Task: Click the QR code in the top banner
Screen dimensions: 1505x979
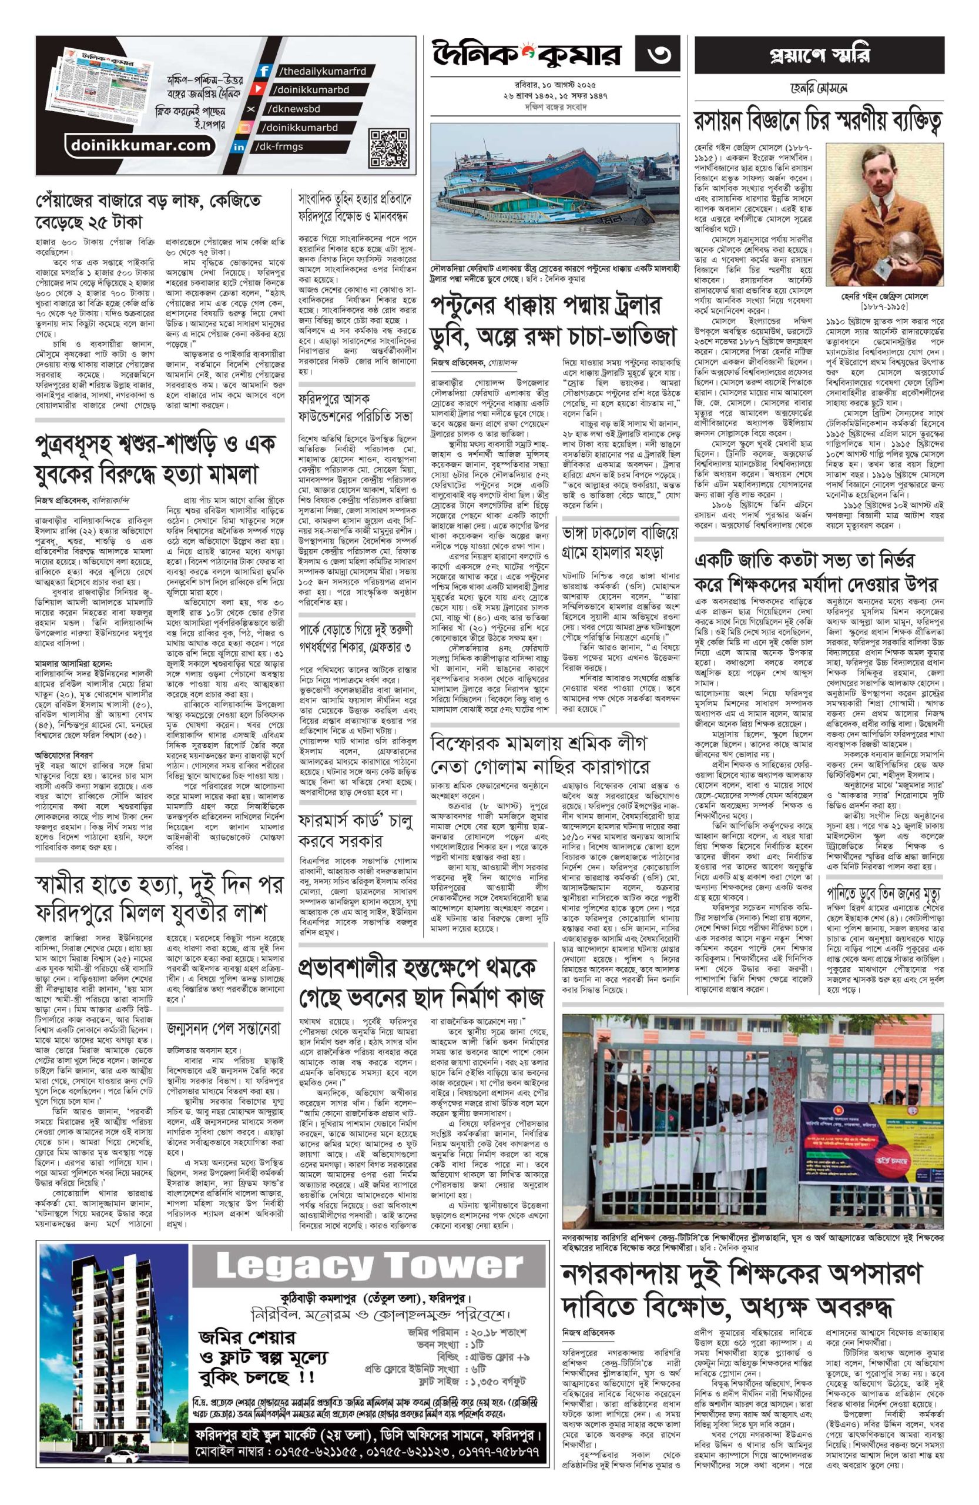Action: [387, 145]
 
